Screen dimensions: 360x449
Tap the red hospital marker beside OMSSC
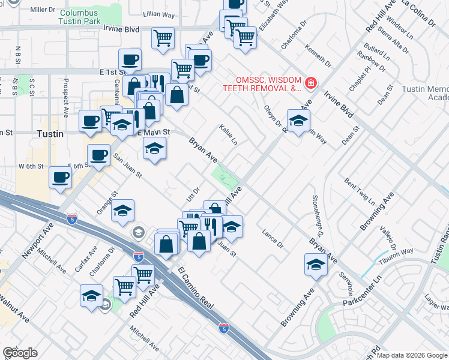point(311,82)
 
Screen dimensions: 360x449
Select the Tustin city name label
point(50,134)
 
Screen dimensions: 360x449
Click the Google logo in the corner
point(20,353)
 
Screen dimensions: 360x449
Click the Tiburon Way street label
point(396,256)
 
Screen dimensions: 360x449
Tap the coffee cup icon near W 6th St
point(61,178)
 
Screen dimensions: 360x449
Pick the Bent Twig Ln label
point(360,190)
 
